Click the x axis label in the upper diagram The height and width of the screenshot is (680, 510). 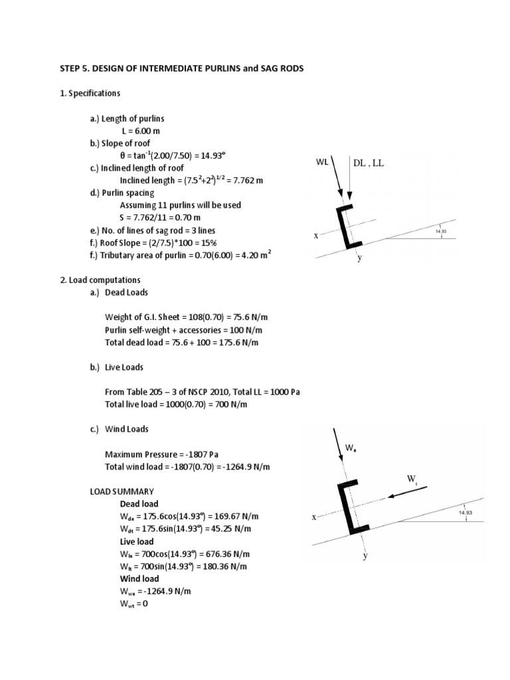[316, 236]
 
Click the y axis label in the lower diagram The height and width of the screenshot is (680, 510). [365, 556]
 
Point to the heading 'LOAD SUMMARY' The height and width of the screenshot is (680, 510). [122, 491]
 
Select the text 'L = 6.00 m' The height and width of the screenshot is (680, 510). [141, 131]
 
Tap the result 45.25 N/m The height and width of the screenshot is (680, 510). [219, 529]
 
